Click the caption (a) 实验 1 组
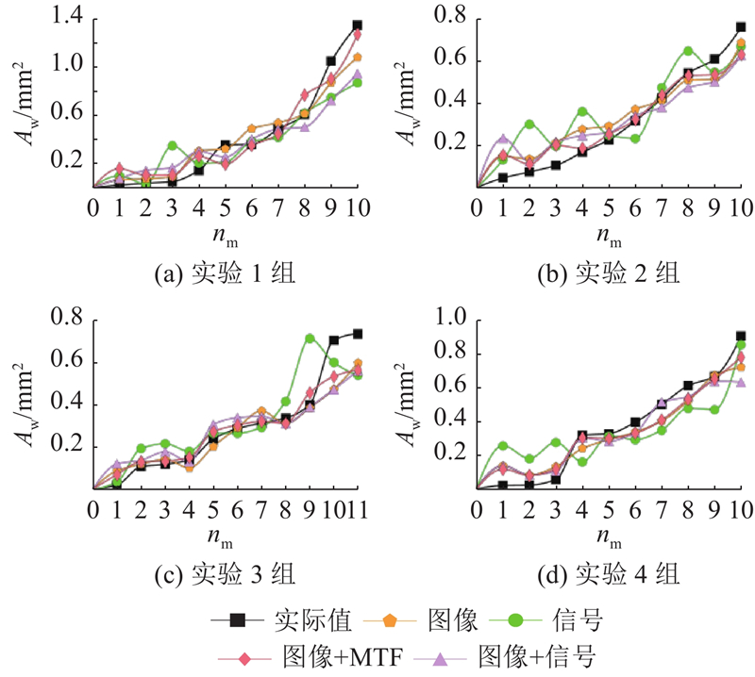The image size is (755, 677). tap(225, 274)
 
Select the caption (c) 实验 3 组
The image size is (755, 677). tap(225, 574)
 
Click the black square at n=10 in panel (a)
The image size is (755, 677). tap(358, 25)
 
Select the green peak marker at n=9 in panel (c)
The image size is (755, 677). tap(310, 338)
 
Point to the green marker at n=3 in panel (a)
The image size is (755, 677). tap(173, 145)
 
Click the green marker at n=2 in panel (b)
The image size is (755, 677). tap(529, 124)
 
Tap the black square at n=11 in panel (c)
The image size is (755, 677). tap(358, 333)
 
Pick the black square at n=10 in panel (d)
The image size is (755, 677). tap(741, 336)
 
